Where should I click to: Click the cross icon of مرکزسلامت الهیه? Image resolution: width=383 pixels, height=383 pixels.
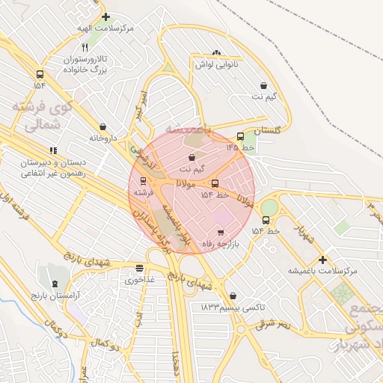(105, 16)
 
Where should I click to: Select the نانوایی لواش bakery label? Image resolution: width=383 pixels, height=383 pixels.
(217, 65)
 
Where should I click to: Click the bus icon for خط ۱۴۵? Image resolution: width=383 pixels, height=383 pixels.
(240, 136)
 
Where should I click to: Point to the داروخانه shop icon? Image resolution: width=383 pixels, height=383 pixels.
(102, 127)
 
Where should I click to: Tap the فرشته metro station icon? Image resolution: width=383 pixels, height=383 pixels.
(143, 180)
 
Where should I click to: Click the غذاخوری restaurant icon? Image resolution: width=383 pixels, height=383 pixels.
(139, 268)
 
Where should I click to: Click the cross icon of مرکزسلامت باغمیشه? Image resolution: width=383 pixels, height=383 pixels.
(322, 260)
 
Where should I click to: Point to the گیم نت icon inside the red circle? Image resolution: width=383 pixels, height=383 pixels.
(193, 158)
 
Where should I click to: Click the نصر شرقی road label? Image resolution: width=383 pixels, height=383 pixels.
(274, 325)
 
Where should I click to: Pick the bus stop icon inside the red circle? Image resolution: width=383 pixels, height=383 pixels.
(215, 183)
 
